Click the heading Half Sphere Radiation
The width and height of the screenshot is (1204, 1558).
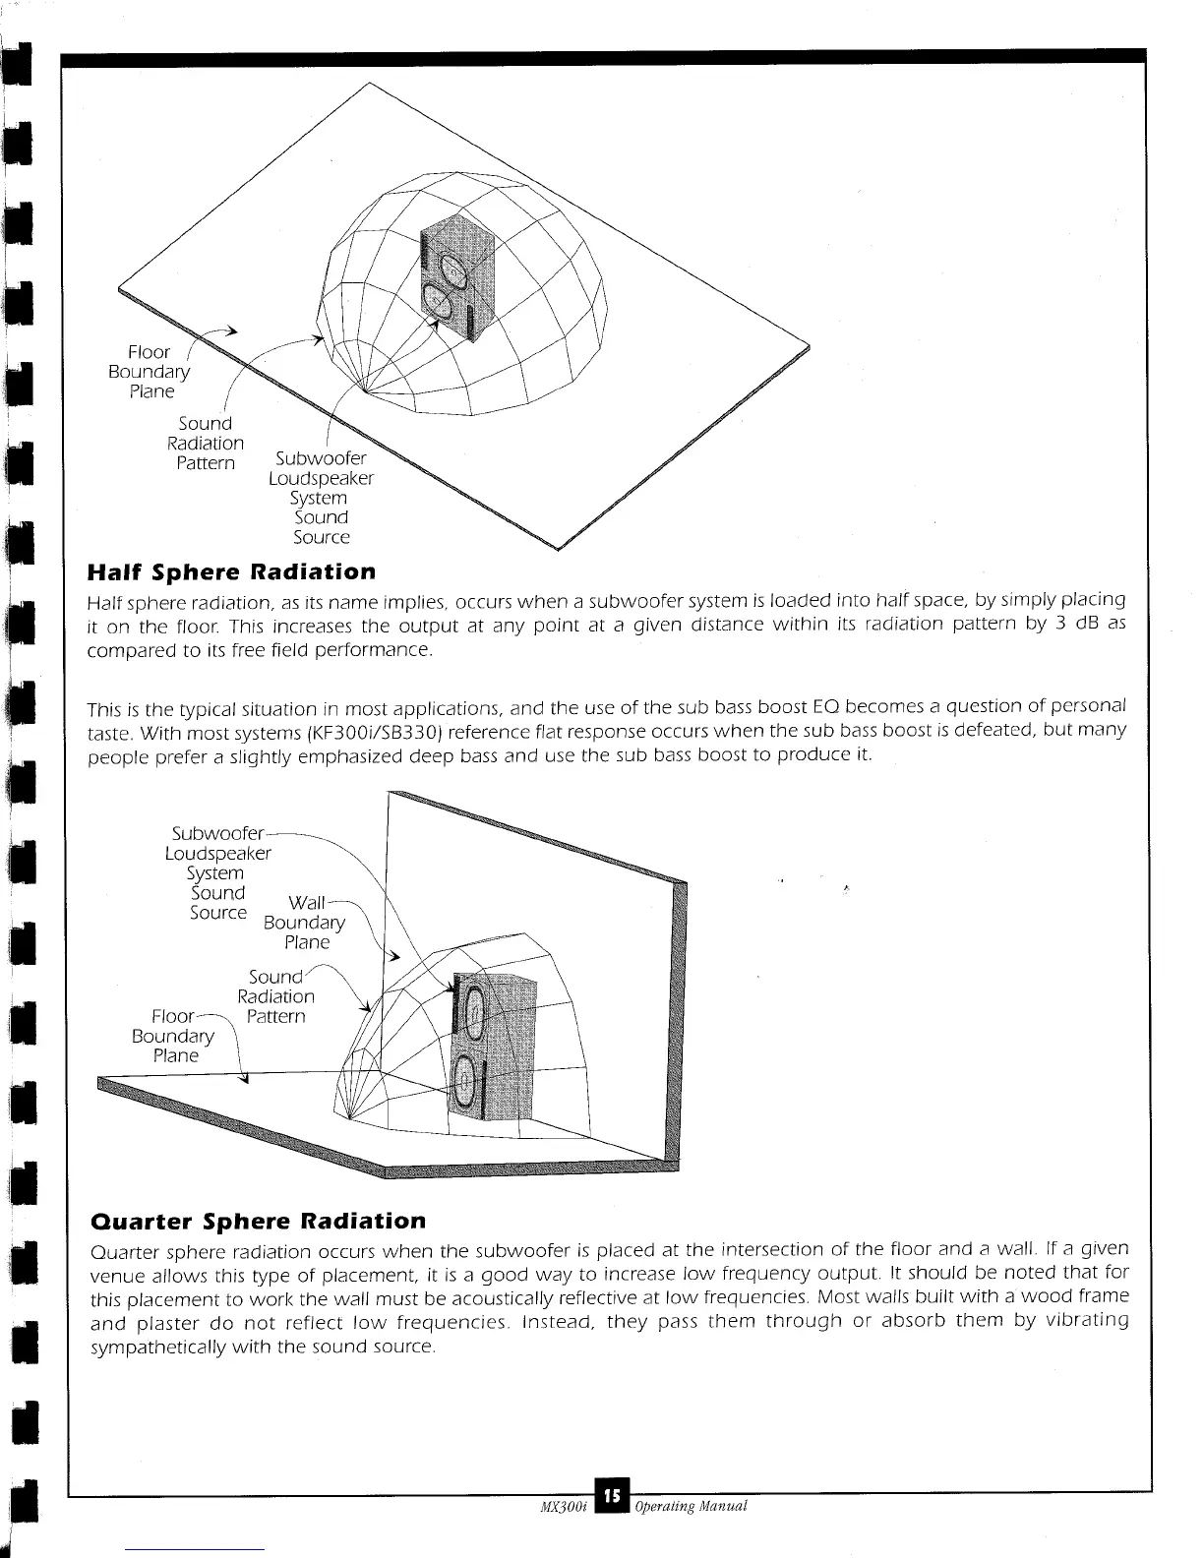pyautogui.click(x=231, y=571)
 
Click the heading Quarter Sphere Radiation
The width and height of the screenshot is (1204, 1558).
pyautogui.click(x=258, y=1221)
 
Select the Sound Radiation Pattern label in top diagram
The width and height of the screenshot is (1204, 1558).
pyautogui.click(x=206, y=443)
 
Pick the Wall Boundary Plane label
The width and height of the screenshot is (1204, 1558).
pyautogui.click(x=306, y=923)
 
